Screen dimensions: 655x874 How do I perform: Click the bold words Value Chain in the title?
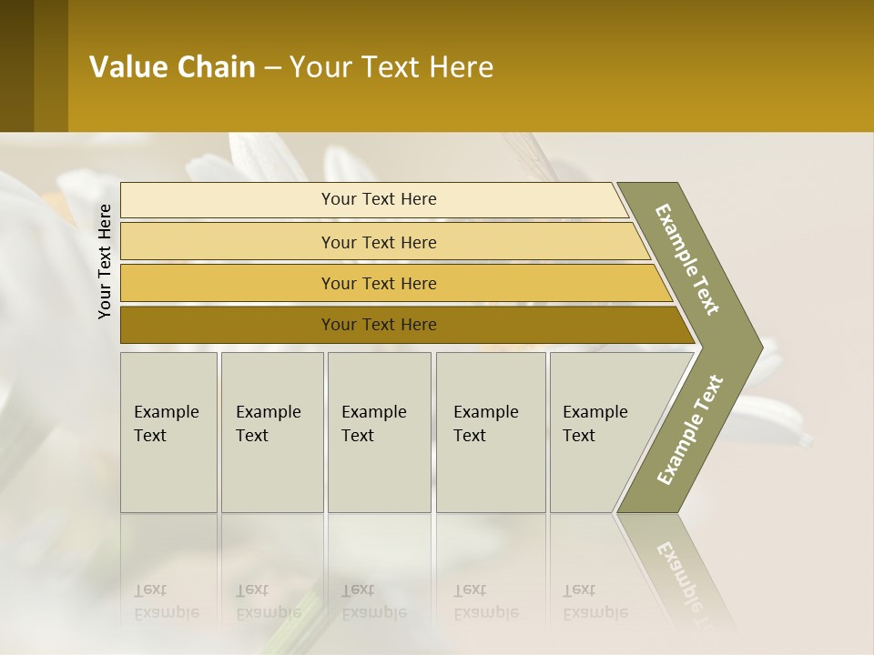172,67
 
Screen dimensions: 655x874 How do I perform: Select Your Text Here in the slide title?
391,67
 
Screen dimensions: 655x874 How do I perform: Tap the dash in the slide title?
272,68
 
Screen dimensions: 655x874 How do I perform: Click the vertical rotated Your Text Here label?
105,262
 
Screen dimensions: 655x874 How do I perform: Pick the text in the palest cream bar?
379,199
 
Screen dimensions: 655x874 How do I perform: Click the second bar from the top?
379,242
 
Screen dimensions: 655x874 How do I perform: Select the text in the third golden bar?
379,284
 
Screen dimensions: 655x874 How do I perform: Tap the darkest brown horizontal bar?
379,325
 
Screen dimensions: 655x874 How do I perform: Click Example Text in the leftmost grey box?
166,423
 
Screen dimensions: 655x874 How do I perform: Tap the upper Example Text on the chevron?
687,259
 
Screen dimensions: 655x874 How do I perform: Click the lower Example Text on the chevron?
690,429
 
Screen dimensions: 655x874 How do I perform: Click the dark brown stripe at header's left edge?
16,65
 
